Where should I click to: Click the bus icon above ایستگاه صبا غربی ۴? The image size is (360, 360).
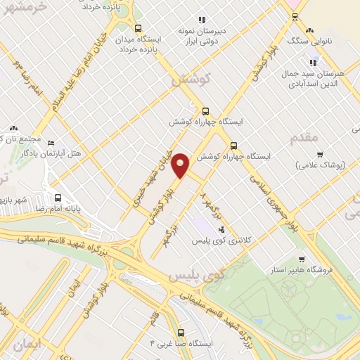click(x=181, y=332)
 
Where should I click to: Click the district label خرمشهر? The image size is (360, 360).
click(x=24, y=8)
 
